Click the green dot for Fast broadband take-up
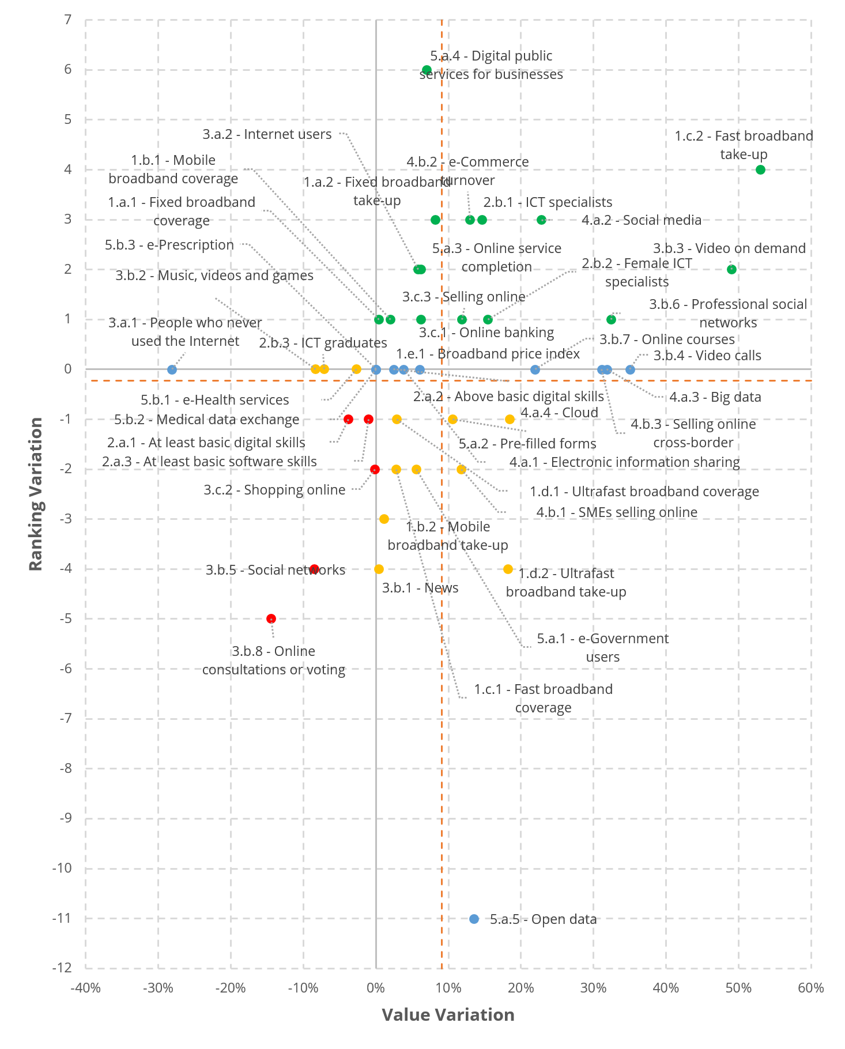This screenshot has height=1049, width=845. point(760,169)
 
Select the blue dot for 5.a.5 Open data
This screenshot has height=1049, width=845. point(474,919)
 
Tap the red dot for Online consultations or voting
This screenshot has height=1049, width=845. point(271,618)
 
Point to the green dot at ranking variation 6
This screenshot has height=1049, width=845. point(427,70)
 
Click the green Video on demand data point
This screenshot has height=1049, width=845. point(731,269)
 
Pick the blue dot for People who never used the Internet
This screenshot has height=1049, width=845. point(172,369)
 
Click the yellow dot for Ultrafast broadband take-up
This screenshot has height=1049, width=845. point(508,569)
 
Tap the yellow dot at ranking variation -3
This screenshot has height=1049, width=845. point(384,519)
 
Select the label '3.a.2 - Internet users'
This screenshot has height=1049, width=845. point(267,134)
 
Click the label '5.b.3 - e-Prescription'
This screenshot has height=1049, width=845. point(169,245)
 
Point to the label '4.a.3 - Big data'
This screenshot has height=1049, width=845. point(715,397)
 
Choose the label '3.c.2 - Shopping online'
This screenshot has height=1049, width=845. point(274,490)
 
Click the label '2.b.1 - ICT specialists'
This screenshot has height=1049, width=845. point(548,202)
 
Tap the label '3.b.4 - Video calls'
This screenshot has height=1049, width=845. point(707,356)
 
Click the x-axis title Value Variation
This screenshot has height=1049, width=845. point(448,1015)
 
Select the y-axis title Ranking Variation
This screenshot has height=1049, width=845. point(36,494)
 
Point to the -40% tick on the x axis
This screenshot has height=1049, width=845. point(85,988)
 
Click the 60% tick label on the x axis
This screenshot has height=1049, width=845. point(810,988)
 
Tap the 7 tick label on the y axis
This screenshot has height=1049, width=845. point(68,20)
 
